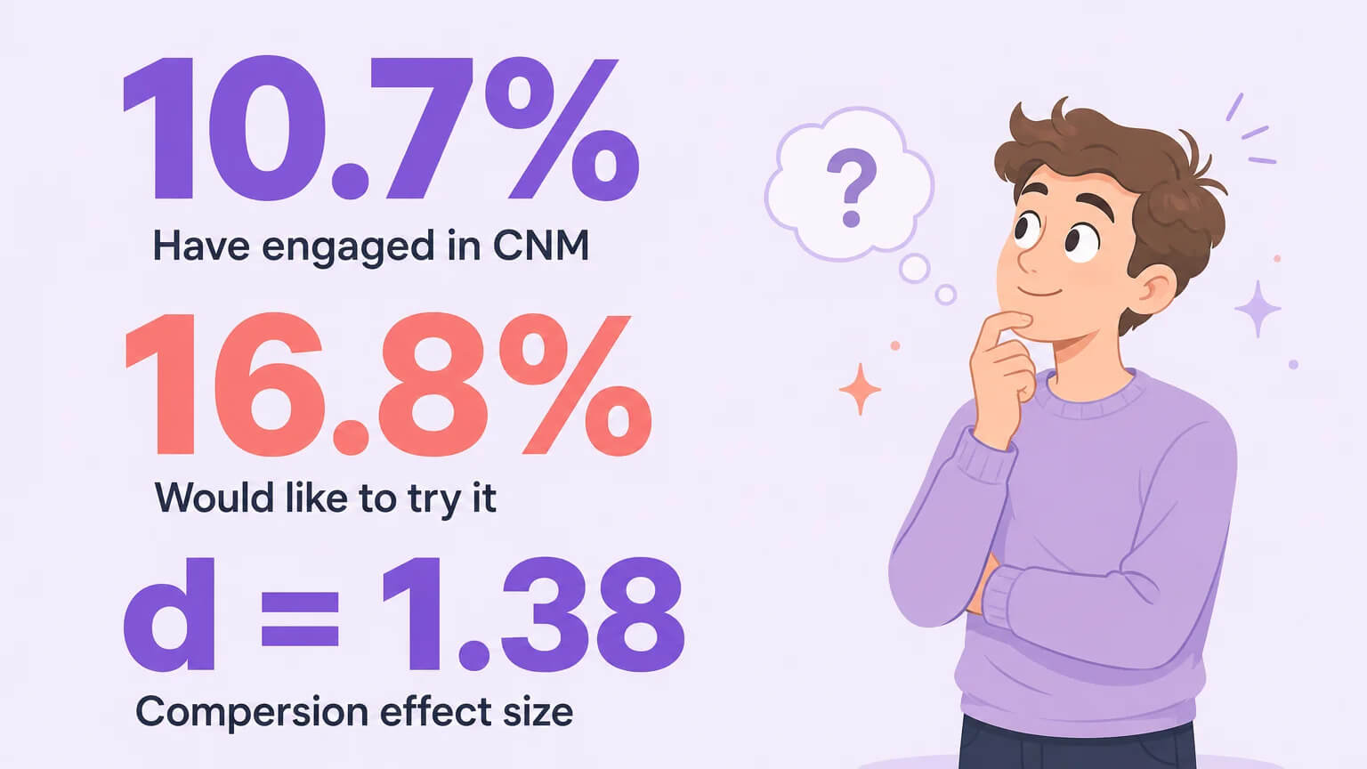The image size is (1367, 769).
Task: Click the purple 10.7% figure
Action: pos(382,128)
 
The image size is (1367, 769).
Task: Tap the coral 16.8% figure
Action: pos(388,385)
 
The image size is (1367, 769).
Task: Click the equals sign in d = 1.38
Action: pos(300,619)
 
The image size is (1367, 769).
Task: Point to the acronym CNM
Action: pos(541,246)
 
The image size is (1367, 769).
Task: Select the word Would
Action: pos(214,498)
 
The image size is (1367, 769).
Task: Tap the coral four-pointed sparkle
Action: pos(860,389)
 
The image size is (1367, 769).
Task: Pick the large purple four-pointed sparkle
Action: pos(1258,309)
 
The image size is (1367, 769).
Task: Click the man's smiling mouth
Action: pos(1040,293)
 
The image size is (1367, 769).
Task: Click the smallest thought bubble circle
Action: pos(946,295)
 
